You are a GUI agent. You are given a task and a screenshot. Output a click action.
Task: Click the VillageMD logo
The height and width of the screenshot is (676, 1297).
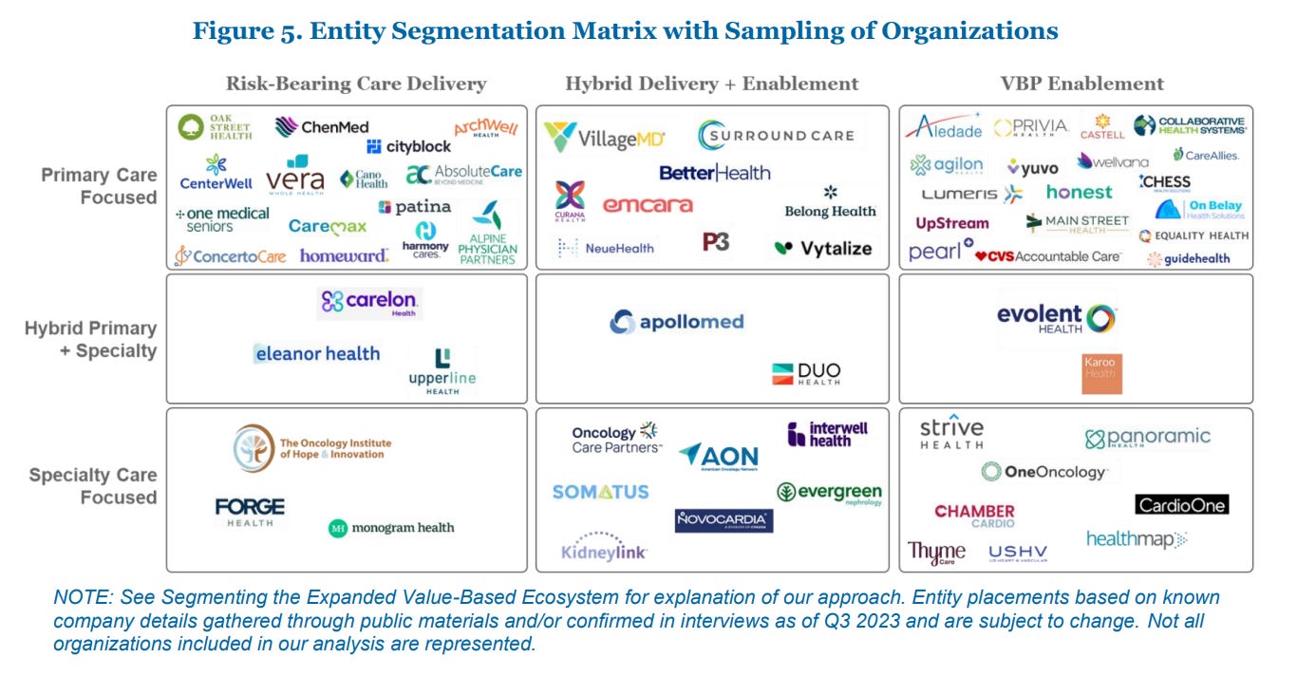[x=605, y=138]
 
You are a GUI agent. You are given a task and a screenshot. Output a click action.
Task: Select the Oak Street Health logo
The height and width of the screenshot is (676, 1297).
[x=216, y=127]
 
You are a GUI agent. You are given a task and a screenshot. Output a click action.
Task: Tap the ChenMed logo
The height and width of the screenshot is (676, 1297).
[x=322, y=126]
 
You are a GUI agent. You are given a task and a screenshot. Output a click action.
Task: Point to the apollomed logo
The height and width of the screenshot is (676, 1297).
[x=677, y=322]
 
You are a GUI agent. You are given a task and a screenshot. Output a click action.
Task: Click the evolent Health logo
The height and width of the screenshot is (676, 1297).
[x=1056, y=319]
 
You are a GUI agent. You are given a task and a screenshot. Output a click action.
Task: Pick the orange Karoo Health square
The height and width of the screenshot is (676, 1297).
[x=1101, y=373]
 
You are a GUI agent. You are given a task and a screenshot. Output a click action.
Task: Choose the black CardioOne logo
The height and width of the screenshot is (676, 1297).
[x=1181, y=504]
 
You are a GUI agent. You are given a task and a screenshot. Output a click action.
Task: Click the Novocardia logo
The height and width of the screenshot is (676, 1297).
[x=724, y=520]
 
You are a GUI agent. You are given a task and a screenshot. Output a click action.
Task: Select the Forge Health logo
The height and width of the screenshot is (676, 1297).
[x=250, y=511]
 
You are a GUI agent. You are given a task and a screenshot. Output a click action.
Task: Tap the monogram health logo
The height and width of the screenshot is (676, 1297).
[x=391, y=528]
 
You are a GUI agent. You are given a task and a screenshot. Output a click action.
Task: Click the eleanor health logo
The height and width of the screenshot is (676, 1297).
[x=317, y=353]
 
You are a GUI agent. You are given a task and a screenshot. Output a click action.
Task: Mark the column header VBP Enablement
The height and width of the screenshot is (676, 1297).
[x=1081, y=84]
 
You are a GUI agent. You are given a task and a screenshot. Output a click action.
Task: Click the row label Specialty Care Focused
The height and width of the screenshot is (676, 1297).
[x=93, y=485]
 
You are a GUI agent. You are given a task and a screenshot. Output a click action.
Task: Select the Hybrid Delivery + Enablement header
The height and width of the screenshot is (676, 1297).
[x=711, y=84]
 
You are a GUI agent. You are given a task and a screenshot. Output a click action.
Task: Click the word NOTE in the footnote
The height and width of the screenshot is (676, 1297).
[x=77, y=597]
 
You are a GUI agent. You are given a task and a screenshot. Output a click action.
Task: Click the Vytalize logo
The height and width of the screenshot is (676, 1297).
[x=822, y=248]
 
